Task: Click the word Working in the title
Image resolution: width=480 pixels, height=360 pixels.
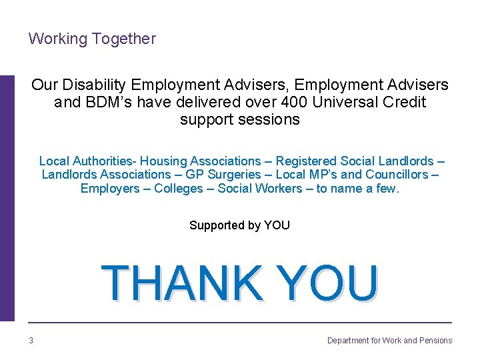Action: point(58,39)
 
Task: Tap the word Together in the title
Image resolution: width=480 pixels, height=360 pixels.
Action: point(124,39)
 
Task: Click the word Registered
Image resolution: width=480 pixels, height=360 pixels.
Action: point(306,161)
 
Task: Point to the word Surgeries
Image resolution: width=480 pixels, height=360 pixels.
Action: point(235,175)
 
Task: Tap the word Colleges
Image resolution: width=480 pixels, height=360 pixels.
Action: point(179,189)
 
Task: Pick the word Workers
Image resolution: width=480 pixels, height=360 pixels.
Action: point(280,189)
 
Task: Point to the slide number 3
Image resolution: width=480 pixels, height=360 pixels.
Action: point(31,341)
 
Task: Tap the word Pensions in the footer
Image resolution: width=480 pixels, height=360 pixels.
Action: point(436,341)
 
